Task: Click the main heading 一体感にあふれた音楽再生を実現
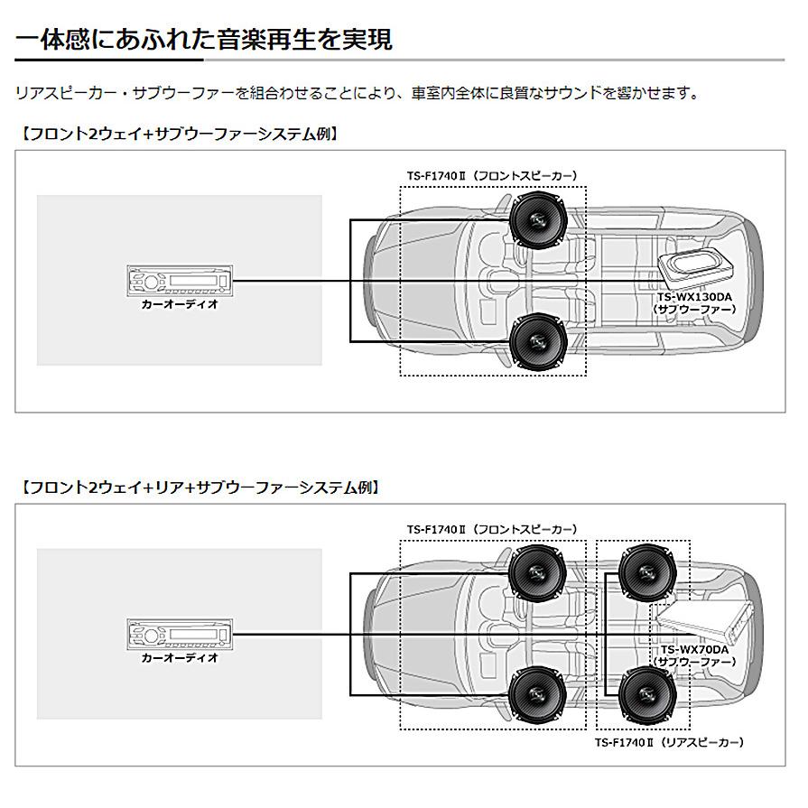tap(204, 40)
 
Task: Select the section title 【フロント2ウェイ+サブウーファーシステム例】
tap(179, 135)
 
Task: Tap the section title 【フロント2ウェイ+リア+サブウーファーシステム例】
tap(199, 488)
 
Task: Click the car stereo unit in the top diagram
tap(180, 282)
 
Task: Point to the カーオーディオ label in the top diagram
tap(180, 305)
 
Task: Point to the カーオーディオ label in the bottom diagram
tap(180, 658)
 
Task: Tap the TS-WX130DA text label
tap(694, 297)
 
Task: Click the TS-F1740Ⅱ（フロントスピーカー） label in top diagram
tap(492, 176)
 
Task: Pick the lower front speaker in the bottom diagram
tap(537, 693)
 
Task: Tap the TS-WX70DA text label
tap(694, 649)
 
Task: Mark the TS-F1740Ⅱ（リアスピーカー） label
tap(669, 742)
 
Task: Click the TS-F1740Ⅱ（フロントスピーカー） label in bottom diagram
tap(492, 529)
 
